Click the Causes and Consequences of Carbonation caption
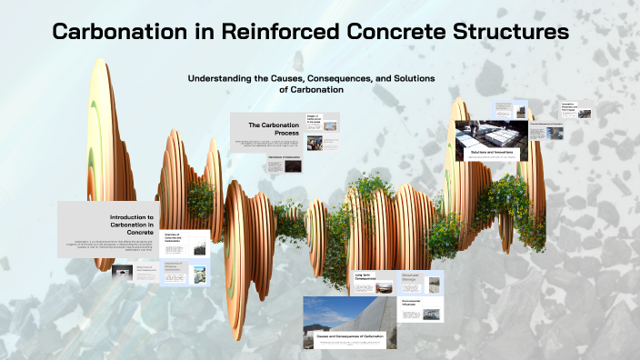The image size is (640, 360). coord(350,336)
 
